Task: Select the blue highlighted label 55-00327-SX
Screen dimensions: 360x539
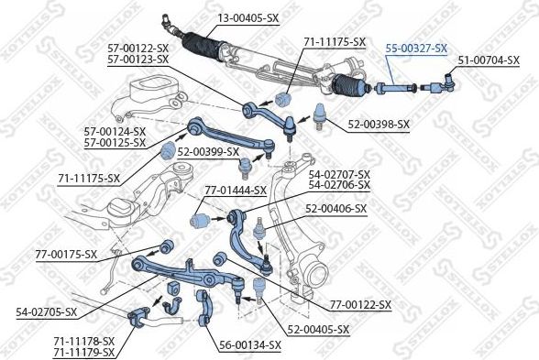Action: tap(416, 48)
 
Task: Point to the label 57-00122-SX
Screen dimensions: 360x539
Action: tap(137, 48)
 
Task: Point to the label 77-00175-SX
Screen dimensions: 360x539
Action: tap(66, 253)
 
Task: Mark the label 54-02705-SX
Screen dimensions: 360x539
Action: tap(46, 311)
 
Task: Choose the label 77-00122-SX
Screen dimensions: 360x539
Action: tap(359, 304)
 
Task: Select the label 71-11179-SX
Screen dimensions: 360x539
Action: tap(83, 351)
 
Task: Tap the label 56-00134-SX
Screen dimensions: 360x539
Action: tap(249, 344)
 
